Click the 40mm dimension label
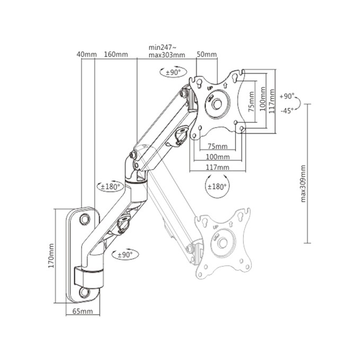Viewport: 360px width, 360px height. tap(86, 54)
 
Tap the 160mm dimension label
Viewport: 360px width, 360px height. tap(116, 54)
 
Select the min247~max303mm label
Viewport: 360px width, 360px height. tap(166, 51)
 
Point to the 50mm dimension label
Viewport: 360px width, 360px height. tap(207, 54)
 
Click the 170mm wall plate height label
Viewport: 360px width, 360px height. tap(51, 256)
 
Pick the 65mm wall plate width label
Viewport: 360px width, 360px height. tap(83, 311)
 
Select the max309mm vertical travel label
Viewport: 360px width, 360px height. tap(303, 184)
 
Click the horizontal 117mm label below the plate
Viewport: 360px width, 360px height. tap(217, 167)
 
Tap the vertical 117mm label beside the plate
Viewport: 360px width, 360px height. tap(272, 101)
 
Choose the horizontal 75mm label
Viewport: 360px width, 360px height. tap(217, 146)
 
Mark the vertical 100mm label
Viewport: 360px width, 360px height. tap(263, 99)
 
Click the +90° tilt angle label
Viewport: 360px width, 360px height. tap(287, 96)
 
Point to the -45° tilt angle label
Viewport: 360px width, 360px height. tap(287, 111)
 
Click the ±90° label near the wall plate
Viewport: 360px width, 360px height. tap(125, 255)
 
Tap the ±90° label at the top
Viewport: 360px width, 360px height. tap(173, 72)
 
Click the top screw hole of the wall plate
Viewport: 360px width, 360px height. tap(85, 218)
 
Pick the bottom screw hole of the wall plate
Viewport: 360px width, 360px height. tap(85, 292)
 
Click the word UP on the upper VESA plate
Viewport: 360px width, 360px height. tap(210, 88)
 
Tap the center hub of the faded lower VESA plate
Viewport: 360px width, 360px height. tap(222, 243)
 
